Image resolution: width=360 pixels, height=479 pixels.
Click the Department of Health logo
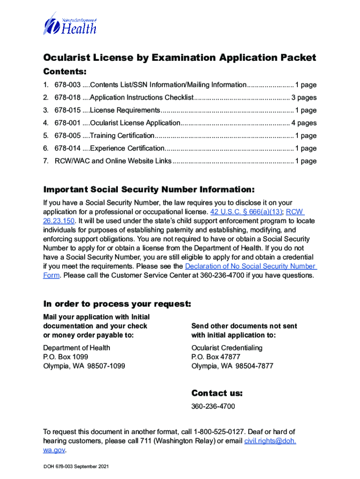[70, 23]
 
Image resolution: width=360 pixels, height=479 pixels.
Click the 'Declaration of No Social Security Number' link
[251, 266]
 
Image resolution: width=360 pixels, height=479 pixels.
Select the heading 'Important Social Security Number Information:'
[149, 190]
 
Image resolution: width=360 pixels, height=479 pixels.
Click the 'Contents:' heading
[65, 72]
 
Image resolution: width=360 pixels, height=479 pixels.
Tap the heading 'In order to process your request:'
[117, 304]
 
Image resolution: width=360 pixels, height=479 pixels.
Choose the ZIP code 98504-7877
[254, 366]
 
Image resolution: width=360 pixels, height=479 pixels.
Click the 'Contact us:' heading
[217, 393]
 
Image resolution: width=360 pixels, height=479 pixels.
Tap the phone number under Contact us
[213, 406]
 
